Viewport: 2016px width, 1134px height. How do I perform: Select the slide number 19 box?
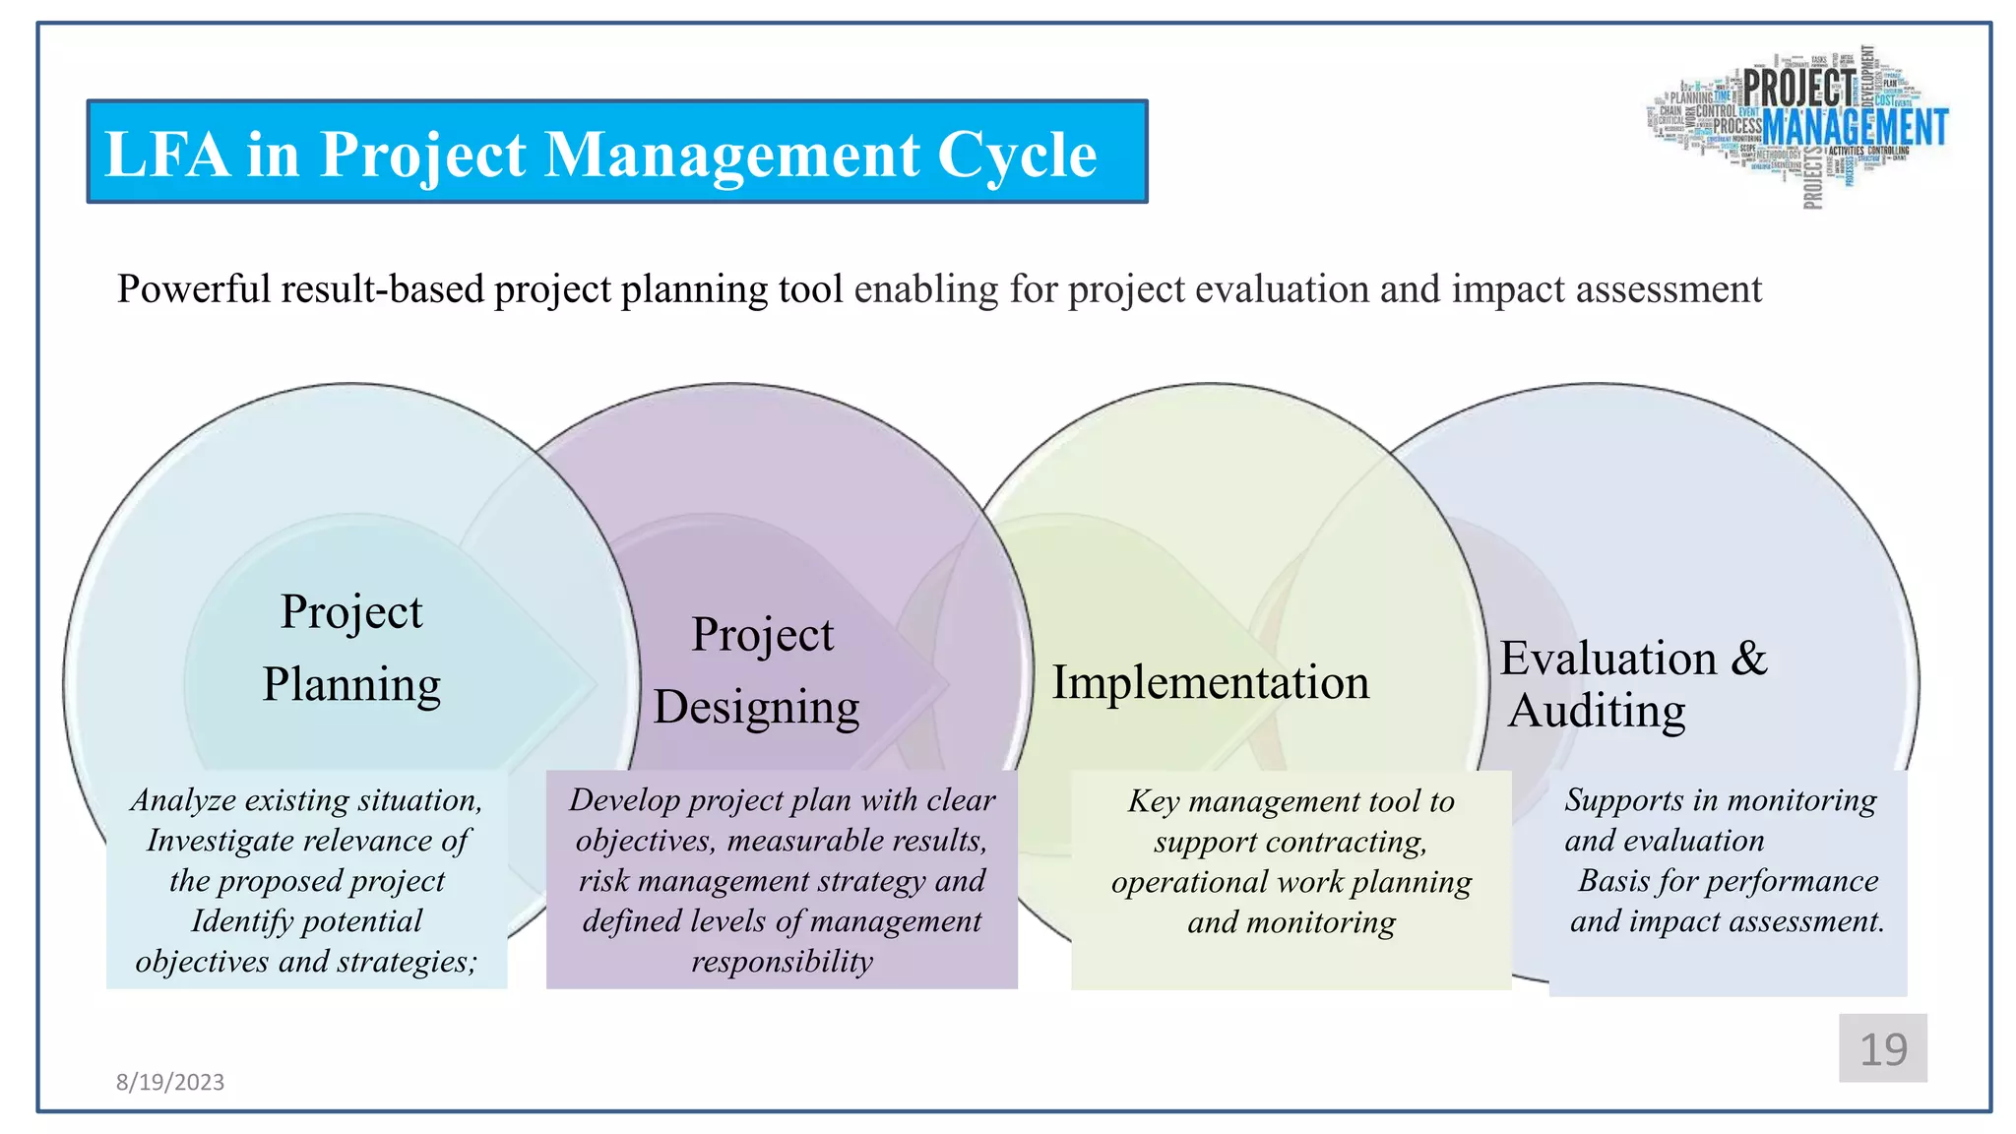(1882, 1048)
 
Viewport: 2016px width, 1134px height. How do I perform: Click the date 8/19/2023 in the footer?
(170, 1082)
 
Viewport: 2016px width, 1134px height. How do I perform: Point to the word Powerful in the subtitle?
(194, 289)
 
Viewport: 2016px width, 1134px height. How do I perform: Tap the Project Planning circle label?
(351, 648)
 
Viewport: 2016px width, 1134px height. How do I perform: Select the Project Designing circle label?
(758, 670)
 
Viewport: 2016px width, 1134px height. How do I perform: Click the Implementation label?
(1210, 682)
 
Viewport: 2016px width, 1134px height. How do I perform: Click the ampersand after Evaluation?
(1748, 658)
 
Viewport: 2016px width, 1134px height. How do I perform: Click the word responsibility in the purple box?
(782, 961)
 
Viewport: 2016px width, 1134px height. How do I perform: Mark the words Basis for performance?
(1728, 880)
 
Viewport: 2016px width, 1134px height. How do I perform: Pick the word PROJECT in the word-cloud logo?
(1798, 88)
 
